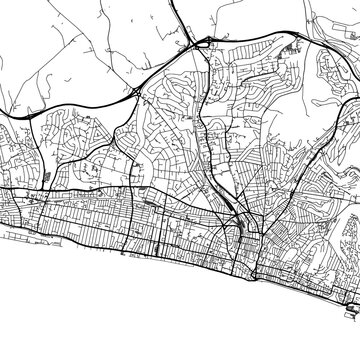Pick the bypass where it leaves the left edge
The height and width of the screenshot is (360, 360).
(x=3, y=117)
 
